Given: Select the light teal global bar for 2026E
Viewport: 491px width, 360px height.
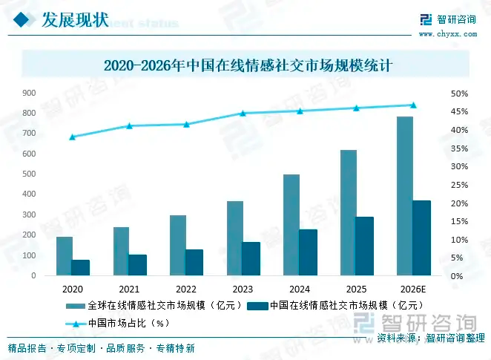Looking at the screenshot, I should [x=404, y=196].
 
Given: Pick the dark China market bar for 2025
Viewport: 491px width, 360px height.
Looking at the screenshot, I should [x=364, y=246].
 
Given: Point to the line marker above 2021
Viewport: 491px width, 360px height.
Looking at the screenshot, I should [x=129, y=125].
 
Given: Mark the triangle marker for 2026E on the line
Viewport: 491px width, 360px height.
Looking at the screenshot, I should [x=413, y=105].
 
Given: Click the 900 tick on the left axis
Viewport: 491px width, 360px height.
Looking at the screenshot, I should [x=30, y=94].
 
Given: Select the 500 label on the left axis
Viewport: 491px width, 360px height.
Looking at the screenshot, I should [x=30, y=174].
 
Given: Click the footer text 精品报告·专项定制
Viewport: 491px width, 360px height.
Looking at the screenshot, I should [x=52, y=348].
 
